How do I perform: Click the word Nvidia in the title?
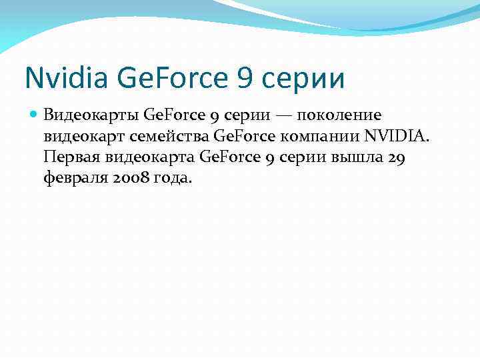[x=64, y=77]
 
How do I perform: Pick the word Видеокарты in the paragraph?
[x=91, y=116]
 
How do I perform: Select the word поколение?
[x=339, y=116]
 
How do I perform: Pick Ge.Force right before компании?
[x=243, y=137]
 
